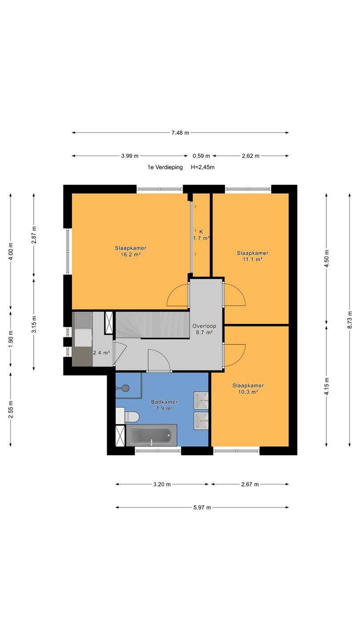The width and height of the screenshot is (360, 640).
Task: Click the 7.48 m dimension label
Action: coord(180,132)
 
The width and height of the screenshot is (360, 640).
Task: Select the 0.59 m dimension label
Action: coord(201,156)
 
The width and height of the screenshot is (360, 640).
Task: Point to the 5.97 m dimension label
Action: coord(202,508)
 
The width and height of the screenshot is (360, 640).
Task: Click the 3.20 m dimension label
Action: coord(162,484)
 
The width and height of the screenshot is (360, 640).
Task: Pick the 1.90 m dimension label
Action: coord(11,339)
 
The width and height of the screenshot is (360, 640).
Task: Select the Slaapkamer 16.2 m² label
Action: coord(131,251)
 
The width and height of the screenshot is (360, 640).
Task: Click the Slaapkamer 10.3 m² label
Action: coord(248,388)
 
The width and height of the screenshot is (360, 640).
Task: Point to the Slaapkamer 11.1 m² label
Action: coord(252,256)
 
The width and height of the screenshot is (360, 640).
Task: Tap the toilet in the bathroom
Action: coord(128,416)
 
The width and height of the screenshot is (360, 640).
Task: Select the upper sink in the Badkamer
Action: coord(201,400)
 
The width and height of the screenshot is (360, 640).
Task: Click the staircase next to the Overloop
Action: coord(152,325)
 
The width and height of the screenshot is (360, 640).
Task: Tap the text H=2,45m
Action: coord(203,167)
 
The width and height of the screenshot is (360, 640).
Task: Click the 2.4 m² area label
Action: coord(101,353)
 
